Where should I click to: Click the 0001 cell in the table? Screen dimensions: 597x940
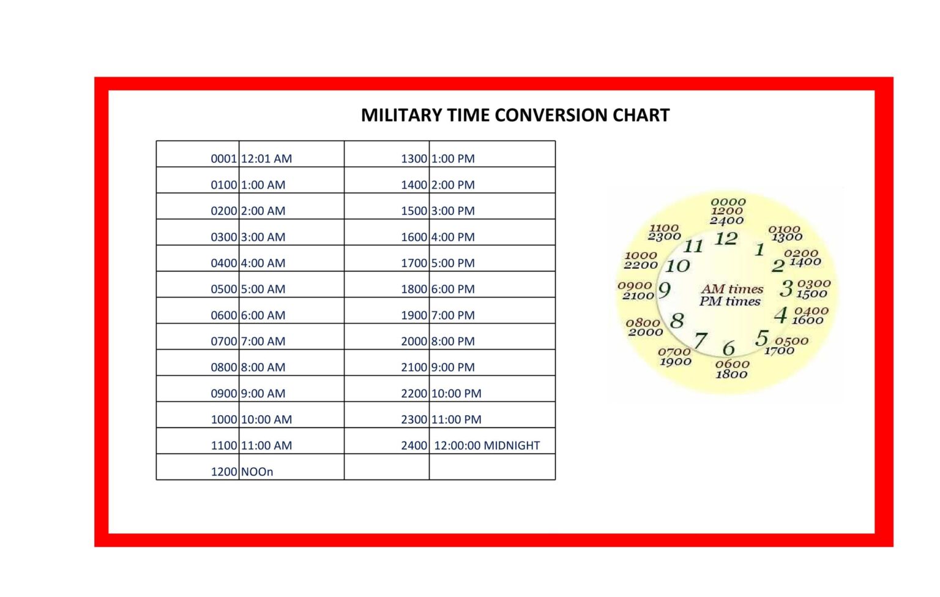(x=223, y=159)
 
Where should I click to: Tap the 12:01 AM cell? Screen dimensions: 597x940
(x=266, y=159)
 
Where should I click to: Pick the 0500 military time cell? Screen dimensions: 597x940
(x=223, y=289)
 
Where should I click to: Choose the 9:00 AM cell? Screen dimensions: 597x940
(x=263, y=394)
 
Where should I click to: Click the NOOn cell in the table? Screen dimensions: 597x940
(x=257, y=472)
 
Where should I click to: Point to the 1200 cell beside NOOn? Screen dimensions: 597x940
(x=223, y=472)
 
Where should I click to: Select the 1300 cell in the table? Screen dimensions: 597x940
(x=414, y=159)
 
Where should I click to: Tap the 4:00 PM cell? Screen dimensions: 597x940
(x=453, y=237)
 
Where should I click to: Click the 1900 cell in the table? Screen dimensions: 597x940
(x=414, y=315)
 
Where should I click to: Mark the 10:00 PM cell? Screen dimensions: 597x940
(x=456, y=394)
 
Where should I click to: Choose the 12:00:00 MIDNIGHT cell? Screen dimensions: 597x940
(x=487, y=446)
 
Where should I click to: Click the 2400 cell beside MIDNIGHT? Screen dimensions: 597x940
(x=414, y=446)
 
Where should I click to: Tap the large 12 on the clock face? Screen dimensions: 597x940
(x=726, y=239)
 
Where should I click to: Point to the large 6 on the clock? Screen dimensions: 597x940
(x=728, y=348)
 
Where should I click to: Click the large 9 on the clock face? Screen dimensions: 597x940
(x=665, y=290)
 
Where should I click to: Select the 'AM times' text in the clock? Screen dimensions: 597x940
(x=732, y=289)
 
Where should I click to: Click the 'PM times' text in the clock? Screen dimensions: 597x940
(x=730, y=301)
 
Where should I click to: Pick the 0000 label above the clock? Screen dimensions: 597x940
(x=728, y=202)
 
